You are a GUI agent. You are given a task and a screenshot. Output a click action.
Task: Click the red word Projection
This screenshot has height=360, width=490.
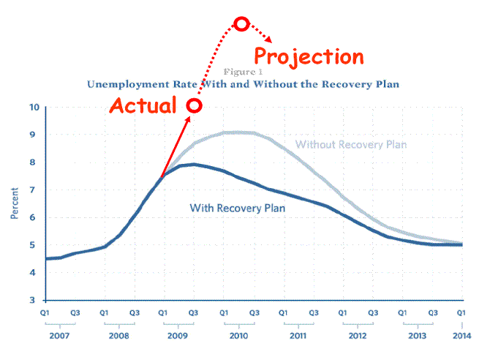pos(308,56)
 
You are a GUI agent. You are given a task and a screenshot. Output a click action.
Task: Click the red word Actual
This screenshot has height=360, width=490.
pos(143,105)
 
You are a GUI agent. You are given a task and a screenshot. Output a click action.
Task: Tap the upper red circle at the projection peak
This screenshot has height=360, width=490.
pos(241,24)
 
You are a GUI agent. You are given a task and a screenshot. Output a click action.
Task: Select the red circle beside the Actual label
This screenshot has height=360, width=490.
pos(195,105)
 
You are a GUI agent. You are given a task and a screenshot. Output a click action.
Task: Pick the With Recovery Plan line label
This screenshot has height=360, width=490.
pos(237,208)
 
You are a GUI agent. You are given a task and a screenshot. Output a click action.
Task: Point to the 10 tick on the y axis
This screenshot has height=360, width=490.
pos(34,108)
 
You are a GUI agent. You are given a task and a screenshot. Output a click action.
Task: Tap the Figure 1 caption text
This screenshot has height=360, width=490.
pos(243,72)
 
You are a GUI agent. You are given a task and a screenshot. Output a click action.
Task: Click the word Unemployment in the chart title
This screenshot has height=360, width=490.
pos(126,84)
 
